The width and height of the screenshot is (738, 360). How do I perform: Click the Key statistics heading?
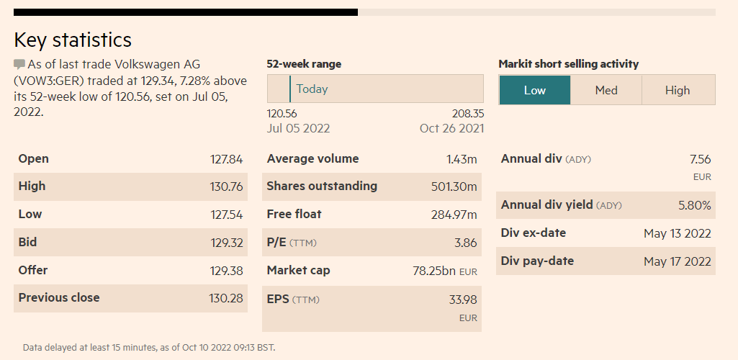click(x=73, y=40)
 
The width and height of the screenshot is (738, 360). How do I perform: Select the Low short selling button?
click(x=535, y=90)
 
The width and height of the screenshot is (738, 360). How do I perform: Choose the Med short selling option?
click(x=606, y=90)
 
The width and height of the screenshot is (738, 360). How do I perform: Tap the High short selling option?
click(x=678, y=90)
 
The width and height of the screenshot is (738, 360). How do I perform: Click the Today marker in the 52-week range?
click(x=311, y=89)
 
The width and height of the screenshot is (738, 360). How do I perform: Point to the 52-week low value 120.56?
click(x=282, y=114)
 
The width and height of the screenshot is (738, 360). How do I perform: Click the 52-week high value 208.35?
click(x=467, y=114)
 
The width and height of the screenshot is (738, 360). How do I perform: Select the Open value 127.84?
click(x=225, y=159)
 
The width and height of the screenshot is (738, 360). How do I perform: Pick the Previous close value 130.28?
click(x=225, y=298)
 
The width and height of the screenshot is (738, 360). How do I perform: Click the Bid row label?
click(x=27, y=243)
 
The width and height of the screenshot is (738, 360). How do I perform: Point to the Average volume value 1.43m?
click(x=462, y=159)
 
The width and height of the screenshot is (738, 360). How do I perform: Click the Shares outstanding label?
click(x=322, y=186)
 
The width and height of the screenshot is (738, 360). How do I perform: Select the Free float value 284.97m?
click(x=454, y=215)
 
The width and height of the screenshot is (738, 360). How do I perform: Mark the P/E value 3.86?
click(x=465, y=243)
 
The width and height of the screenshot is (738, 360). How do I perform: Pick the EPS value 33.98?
click(x=463, y=300)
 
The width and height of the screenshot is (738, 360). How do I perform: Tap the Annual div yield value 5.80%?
click(x=694, y=205)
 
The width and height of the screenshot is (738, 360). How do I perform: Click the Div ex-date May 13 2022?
click(x=677, y=233)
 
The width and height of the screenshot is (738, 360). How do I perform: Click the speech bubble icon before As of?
click(x=19, y=64)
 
